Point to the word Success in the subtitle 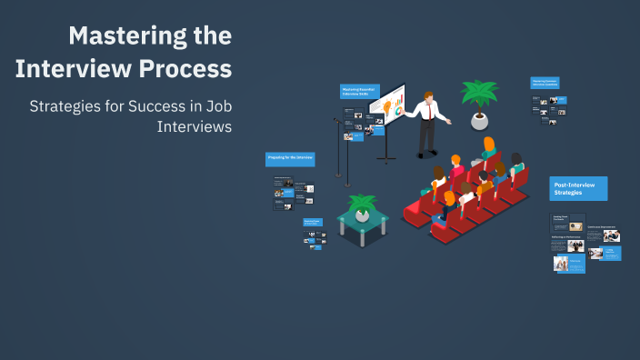pyautogui.click(x=165, y=105)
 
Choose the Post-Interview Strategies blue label pyautogui.click(x=578, y=188)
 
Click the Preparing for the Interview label pyautogui.click(x=290, y=158)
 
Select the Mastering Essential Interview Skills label pyautogui.click(x=358, y=92)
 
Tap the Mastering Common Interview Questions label pyautogui.click(x=545, y=83)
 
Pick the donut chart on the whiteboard pyautogui.click(x=398, y=110)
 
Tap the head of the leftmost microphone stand pyautogui.click(x=336, y=120)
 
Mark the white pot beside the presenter pyautogui.click(x=479, y=121)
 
